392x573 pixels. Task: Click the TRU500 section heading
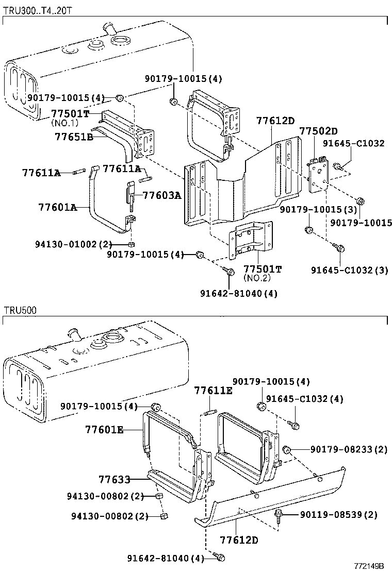[x=21, y=311]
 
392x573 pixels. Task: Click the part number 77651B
[x=74, y=137]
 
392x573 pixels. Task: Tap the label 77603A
[x=161, y=195]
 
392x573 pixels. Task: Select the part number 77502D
[x=319, y=131]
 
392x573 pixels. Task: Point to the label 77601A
[x=57, y=208]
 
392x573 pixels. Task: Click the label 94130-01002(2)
[x=69, y=244]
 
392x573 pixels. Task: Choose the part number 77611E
[x=213, y=391]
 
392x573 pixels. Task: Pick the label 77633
[x=115, y=479]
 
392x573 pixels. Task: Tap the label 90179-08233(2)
[x=349, y=449]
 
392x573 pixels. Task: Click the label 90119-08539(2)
[x=338, y=515]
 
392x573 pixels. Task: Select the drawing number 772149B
[x=369, y=566]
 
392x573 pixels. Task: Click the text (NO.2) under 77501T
[x=257, y=278]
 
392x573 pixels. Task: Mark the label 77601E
[x=104, y=430]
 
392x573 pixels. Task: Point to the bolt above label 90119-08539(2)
[x=279, y=516]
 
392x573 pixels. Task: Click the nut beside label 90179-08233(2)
[x=286, y=449]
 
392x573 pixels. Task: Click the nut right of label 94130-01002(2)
[x=131, y=244]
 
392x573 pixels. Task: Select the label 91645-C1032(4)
[x=305, y=399]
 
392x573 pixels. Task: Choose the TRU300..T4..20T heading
[x=38, y=10]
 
